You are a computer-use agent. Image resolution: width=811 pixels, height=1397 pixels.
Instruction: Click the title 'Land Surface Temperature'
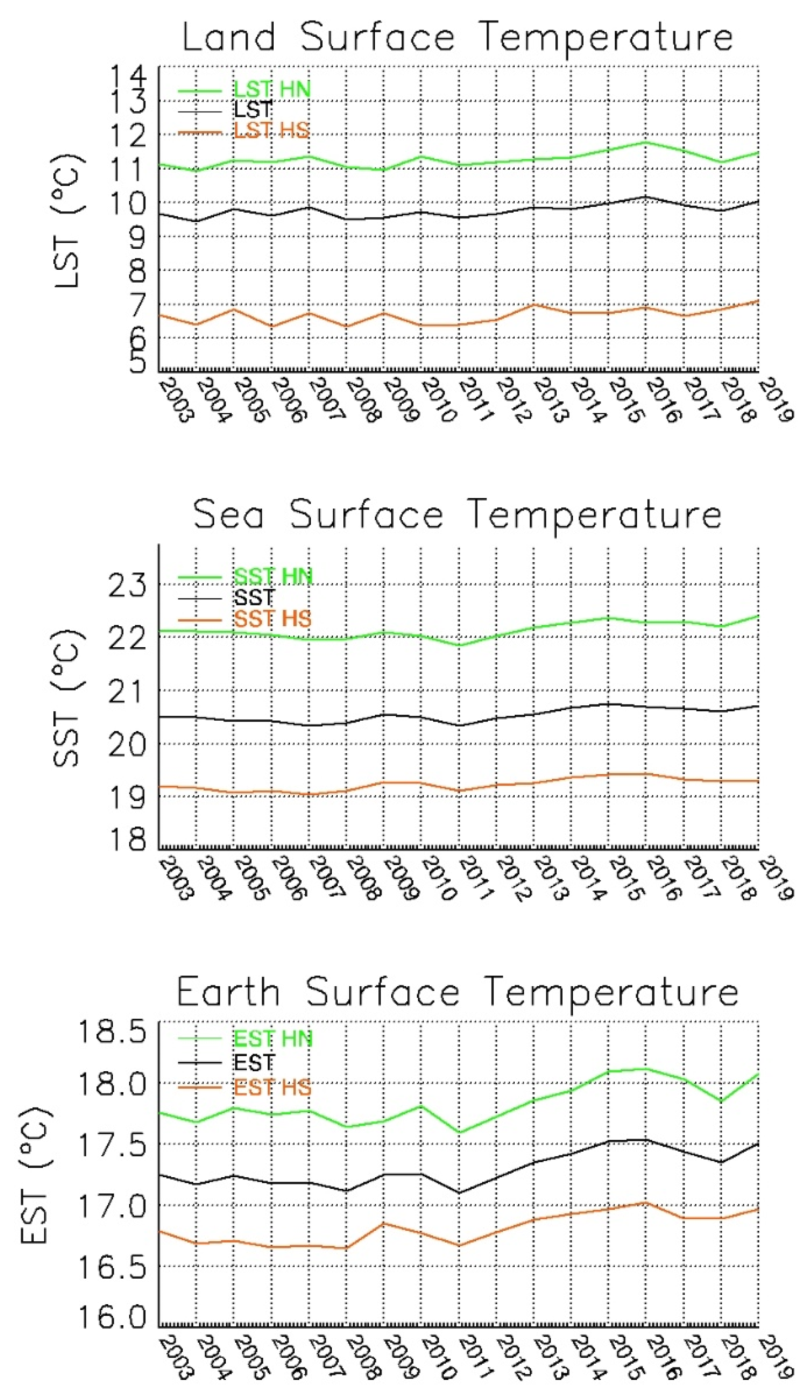[x=457, y=38]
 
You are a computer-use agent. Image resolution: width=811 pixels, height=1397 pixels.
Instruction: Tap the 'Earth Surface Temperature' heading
[x=457, y=992]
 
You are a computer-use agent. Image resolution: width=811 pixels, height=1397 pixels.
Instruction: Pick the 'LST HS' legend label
[x=271, y=131]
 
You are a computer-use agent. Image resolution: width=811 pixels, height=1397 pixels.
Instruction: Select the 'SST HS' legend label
[x=272, y=618]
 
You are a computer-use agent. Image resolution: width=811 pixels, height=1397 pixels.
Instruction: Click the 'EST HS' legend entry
[x=272, y=1087]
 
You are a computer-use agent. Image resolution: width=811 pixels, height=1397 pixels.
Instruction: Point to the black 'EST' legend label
[x=254, y=1063]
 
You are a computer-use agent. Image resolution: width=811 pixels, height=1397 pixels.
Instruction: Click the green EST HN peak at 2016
[x=645, y=1068]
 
